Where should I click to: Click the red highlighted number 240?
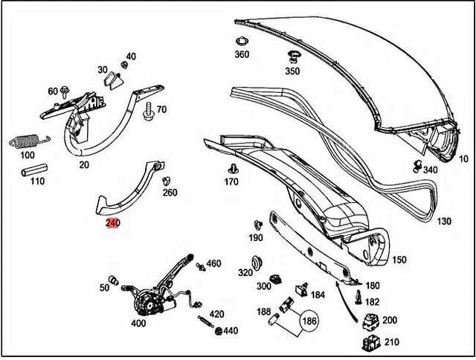pos(112,222)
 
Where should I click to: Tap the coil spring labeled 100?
pos(27,141)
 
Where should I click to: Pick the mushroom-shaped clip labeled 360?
pos(241,41)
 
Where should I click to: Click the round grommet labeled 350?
pos(292,57)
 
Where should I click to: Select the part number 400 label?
pos(138,324)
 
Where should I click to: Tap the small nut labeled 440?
pos(218,330)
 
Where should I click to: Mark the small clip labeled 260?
pos(167,180)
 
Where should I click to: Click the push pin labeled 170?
pos(233,167)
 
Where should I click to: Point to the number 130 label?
pos(444,222)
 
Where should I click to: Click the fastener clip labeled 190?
pos(257,223)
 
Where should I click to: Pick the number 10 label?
pos(463,158)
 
